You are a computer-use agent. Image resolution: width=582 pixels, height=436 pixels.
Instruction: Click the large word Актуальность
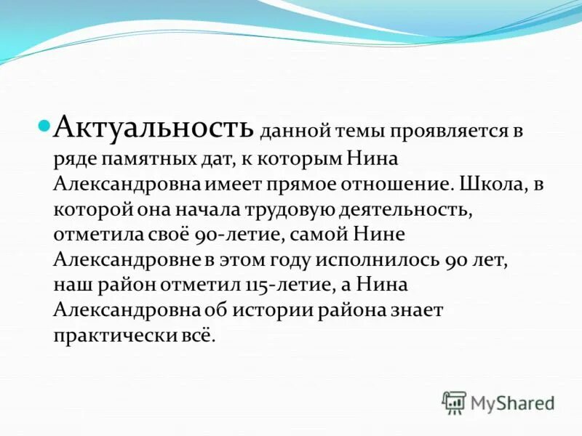pyautogui.click(x=155, y=128)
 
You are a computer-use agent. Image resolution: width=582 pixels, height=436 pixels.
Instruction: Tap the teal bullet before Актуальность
pyautogui.click(x=44, y=124)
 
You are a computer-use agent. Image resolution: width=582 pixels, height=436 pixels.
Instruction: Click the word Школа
pyautogui.click(x=488, y=184)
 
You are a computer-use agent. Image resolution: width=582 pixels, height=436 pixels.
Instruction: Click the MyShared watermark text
pyautogui.click(x=512, y=403)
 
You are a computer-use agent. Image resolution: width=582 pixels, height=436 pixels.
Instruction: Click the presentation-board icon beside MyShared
pyautogui.click(x=454, y=403)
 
